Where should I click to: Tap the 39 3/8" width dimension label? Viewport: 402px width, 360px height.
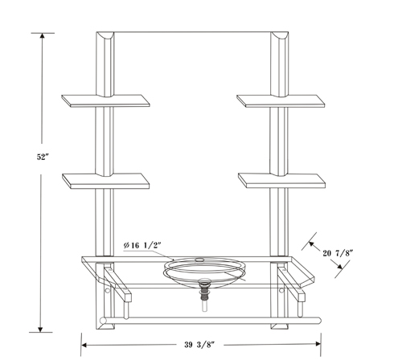pyautogui.click(x=199, y=345)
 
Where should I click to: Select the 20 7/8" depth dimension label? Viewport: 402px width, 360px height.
pyautogui.click(x=338, y=253)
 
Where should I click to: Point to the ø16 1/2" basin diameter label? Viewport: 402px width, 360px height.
pyautogui.click(x=142, y=245)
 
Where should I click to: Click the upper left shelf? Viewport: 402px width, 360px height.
pyautogui.click(x=105, y=101)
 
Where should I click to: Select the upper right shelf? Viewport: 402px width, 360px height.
pyautogui.click(x=281, y=101)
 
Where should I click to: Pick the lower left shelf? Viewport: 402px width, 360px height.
pyautogui.click(x=106, y=181)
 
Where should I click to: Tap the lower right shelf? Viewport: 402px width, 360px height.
pyautogui.click(x=281, y=181)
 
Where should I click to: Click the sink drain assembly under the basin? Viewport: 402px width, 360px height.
pyautogui.click(x=204, y=295)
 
